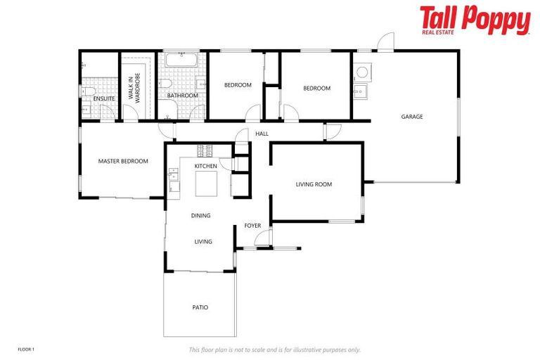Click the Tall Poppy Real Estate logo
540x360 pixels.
pos(475,20)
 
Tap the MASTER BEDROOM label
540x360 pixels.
pos(123,161)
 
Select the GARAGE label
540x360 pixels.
pos(412,117)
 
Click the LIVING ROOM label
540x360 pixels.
pos(314,184)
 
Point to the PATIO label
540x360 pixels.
pos(200,307)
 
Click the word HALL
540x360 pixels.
pos(262,134)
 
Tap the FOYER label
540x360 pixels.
pos(252,226)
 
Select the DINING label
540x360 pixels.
pos(200,216)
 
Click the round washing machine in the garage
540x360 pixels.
pos(361,72)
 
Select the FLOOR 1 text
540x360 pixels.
pos(26,349)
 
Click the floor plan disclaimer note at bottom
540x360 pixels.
pos(274,349)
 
